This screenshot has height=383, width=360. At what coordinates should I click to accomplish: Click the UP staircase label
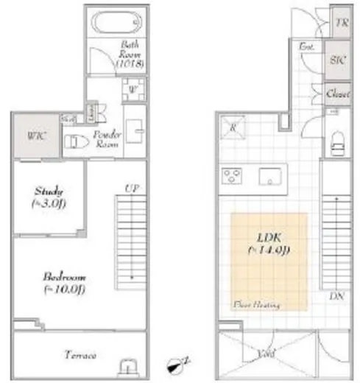[x=132, y=189]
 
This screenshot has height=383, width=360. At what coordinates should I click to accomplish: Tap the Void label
[x=267, y=354]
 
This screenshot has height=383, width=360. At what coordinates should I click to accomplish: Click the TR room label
[x=341, y=22]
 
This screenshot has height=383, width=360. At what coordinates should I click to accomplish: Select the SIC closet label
[x=339, y=60]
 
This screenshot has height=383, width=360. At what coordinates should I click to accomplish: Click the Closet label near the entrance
[x=339, y=94]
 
